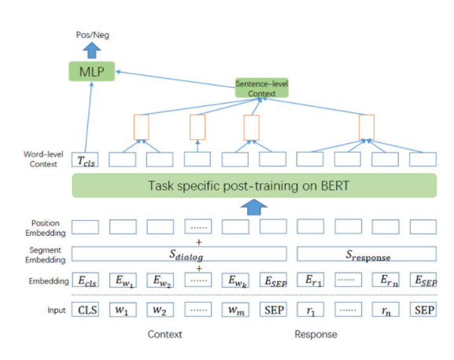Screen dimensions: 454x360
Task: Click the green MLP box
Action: pos(92,72)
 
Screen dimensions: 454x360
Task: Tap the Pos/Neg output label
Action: pos(92,35)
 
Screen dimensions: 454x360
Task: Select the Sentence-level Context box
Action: pos(262,88)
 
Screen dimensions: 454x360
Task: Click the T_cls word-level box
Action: pos(85,160)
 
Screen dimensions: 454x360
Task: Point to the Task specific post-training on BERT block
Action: pos(254,186)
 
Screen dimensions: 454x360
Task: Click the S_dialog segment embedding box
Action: pos(179,254)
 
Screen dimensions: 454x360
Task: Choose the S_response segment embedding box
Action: pos(367,254)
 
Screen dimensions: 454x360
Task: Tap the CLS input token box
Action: pos(86,310)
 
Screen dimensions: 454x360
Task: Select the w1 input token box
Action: pos(123,310)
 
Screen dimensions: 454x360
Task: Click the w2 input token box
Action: pos(161,310)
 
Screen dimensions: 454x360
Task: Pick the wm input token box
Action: pos(235,310)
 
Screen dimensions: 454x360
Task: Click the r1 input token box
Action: pos(310,310)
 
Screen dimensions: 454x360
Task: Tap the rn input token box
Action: pos(386,310)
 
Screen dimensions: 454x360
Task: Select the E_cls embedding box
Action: pos(86,280)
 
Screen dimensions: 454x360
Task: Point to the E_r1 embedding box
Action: pos(310,280)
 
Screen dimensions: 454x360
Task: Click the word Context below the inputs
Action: pos(164,334)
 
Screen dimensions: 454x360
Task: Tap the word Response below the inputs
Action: pos(316,334)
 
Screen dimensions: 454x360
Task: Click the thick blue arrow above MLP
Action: pos(92,50)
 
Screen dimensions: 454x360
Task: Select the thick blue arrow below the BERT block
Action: pos(254,207)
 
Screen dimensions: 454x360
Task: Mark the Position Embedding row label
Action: pos(46,228)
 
